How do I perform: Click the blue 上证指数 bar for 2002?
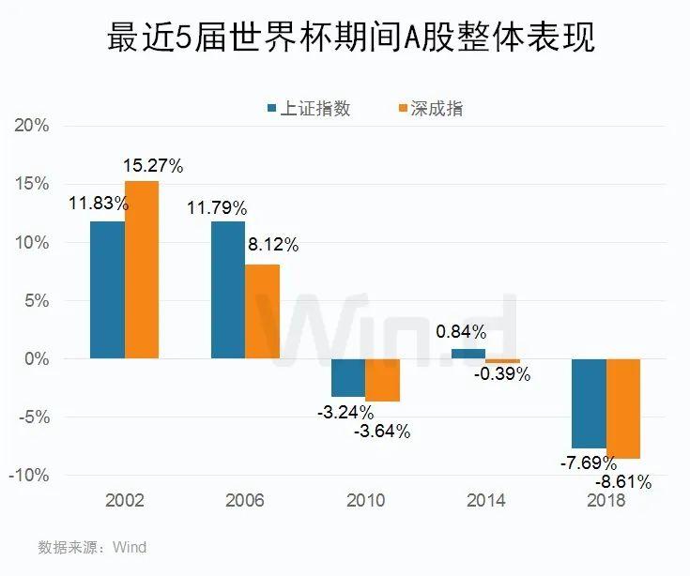pos(107,290)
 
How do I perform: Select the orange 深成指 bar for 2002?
pos(142,270)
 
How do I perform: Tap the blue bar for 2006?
pos(228,290)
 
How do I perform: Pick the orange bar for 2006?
pos(263,311)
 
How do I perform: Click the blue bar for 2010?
pos(348,377)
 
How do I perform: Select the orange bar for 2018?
pos(623,408)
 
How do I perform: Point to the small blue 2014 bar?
pos(469,354)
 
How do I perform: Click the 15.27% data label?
pos(153,166)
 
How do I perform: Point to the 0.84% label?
pos(461,331)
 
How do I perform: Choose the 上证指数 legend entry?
pos(310,108)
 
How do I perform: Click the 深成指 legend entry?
pos(431,108)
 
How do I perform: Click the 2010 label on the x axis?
pos(365,500)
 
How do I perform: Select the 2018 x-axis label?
pos(606,500)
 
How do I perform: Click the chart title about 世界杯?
pos(344,40)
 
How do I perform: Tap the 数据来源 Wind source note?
pos(92,546)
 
